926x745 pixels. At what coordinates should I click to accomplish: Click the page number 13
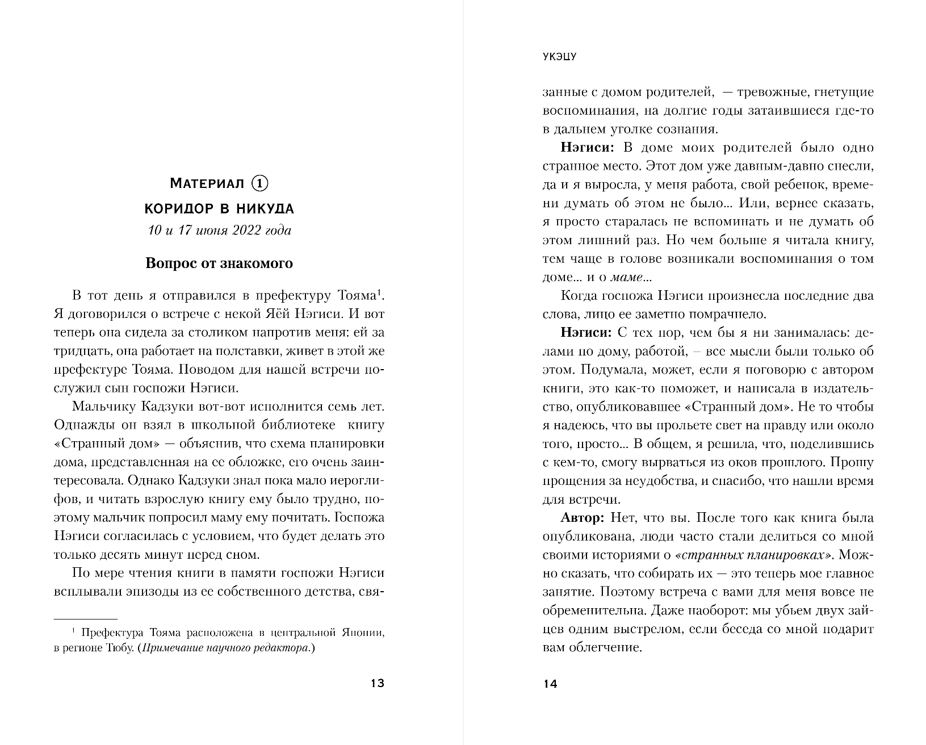(x=378, y=683)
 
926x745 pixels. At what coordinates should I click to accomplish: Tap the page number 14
(x=550, y=684)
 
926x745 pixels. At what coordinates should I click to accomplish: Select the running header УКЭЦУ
(x=559, y=57)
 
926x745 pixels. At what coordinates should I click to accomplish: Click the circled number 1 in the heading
(x=259, y=183)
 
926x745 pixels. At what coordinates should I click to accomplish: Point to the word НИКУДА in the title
(x=265, y=209)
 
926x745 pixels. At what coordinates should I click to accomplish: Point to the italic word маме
(x=626, y=278)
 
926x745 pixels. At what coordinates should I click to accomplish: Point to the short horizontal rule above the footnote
(x=85, y=619)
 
